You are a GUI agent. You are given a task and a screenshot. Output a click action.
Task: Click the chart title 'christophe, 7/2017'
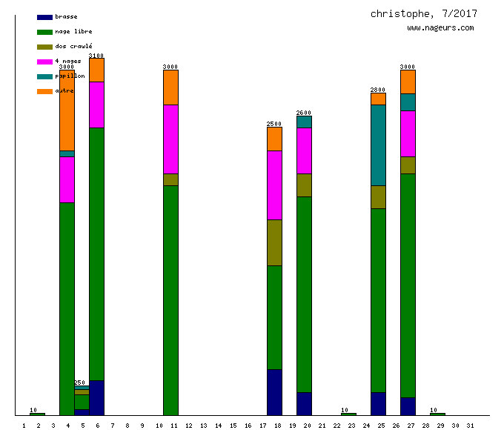[x=424, y=13]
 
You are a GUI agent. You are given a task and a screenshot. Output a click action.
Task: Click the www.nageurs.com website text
[x=440, y=28]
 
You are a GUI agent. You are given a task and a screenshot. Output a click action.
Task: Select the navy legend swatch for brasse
[x=44, y=17]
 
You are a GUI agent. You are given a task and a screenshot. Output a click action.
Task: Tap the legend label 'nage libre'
[x=73, y=32]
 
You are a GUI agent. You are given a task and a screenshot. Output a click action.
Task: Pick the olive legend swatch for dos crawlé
[x=44, y=47]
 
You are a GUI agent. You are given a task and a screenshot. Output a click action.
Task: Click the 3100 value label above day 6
[x=96, y=56]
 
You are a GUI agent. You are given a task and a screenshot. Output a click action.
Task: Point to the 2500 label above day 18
[x=274, y=124]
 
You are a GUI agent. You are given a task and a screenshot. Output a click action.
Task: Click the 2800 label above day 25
[x=378, y=90]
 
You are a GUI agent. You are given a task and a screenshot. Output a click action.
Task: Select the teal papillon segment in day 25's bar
[x=378, y=145]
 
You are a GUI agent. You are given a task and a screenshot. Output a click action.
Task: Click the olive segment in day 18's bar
[x=274, y=242]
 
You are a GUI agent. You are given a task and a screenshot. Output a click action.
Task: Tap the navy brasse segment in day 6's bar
[x=96, y=397]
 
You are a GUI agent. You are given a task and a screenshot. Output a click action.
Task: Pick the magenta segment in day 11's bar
[x=170, y=139]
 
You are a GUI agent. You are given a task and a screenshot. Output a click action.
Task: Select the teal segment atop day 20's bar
[x=304, y=122]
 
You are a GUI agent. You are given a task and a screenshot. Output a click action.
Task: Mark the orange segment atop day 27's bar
[x=408, y=82]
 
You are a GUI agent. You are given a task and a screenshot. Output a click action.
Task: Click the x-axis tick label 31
[x=470, y=425]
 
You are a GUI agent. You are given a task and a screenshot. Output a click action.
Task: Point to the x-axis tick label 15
[x=233, y=425]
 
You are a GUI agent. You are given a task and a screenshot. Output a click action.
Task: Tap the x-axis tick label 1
[x=24, y=425]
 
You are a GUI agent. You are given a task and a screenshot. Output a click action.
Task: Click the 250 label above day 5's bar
[x=80, y=383]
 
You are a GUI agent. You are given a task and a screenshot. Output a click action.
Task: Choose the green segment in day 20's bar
[x=304, y=294]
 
